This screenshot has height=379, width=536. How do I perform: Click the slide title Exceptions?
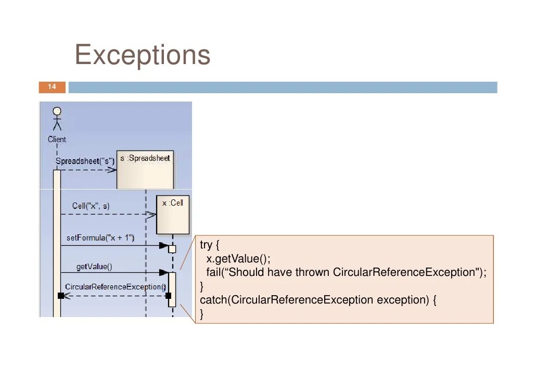(x=143, y=55)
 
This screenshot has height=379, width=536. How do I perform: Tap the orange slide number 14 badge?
(x=52, y=87)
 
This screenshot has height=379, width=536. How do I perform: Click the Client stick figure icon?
(x=57, y=118)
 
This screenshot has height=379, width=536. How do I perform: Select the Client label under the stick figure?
(x=57, y=139)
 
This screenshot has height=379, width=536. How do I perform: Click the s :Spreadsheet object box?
(x=145, y=170)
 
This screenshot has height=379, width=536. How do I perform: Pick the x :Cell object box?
(x=173, y=214)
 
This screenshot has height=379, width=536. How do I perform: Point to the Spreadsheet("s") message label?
(x=85, y=161)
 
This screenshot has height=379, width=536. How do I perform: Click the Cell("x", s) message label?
(x=91, y=206)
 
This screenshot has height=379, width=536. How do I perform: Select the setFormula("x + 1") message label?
(x=100, y=238)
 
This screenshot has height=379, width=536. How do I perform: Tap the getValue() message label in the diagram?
(x=94, y=267)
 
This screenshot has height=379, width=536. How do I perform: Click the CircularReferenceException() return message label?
(x=115, y=287)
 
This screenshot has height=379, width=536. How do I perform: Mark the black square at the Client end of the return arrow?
(x=61, y=296)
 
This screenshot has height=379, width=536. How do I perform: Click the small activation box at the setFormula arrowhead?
(x=172, y=249)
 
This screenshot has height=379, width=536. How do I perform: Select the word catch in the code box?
(x=213, y=300)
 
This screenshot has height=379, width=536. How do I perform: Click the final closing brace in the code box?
(x=202, y=313)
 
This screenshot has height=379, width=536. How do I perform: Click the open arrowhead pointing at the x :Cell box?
(x=151, y=214)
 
